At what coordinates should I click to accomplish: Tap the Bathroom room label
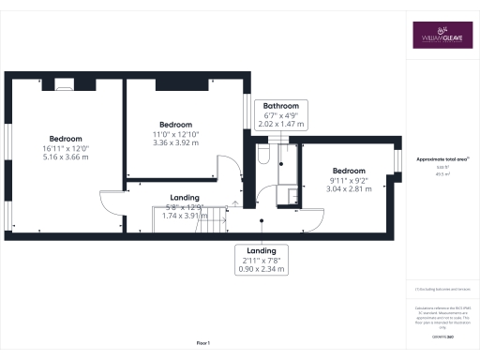tap(280, 105)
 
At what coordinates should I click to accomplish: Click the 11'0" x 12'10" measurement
tap(175, 135)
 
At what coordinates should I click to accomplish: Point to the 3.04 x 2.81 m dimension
tap(348, 187)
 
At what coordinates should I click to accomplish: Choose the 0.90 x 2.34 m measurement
tap(262, 268)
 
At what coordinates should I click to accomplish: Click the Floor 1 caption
tap(202, 344)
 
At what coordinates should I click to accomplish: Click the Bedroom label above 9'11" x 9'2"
tap(348, 170)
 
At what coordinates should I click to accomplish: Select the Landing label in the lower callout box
tap(262, 250)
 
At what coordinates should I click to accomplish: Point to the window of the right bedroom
tap(397, 159)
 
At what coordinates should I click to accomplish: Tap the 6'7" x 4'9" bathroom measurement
tap(280, 114)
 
